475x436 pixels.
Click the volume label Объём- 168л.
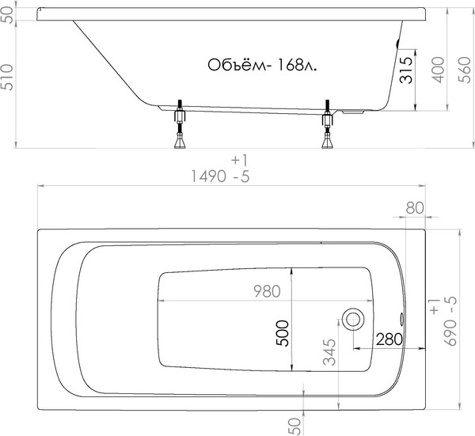click(262, 66)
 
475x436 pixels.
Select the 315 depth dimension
click(405, 73)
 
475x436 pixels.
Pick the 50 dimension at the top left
click(10, 16)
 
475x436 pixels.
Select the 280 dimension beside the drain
click(390, 338)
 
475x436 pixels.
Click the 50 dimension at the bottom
click(295, 425)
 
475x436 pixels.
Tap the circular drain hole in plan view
click(353, 320)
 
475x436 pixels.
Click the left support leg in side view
click(180, 127)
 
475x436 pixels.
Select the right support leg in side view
click(327, 127)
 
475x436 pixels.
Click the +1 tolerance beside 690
click(433, 306)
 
